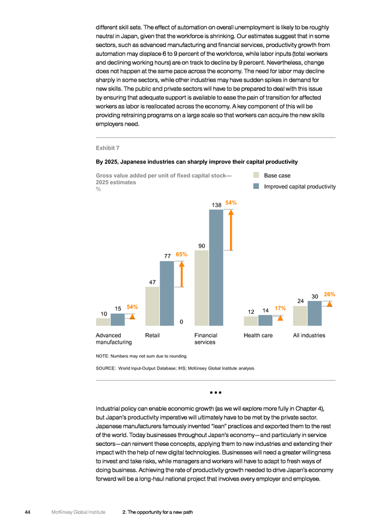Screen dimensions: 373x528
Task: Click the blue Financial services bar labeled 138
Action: pos(216,268)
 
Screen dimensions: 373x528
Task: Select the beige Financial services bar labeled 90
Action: pos(202,288)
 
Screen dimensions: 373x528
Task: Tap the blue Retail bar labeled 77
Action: pos(167,293)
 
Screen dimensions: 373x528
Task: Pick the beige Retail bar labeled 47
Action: pos(152,306)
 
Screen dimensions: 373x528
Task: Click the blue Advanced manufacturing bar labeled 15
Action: pos(117,320)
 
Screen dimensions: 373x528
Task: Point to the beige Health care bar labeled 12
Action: pos(251,321)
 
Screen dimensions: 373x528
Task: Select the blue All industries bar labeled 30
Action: pos(315,313)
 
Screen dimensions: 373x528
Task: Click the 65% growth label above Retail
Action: pos(181,254)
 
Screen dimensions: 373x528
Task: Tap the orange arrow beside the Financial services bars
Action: pos(231,230)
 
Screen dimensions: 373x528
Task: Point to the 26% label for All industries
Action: pos(330,295)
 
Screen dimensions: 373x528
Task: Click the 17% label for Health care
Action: pos(280,308)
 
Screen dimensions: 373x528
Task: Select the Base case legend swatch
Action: pos(256,175)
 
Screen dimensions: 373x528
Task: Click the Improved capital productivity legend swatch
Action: pos(256,186)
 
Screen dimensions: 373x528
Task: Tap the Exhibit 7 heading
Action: pos(107,148)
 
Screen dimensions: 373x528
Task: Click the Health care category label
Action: pos(258,336)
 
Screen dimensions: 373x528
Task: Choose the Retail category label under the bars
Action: pos(152,336)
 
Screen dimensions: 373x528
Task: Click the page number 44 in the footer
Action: pos(28,512)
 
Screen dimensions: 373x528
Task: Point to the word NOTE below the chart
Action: pos(102,356)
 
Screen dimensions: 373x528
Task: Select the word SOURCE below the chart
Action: pos(106,368)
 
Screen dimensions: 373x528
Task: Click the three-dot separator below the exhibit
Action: pos(215,392)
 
